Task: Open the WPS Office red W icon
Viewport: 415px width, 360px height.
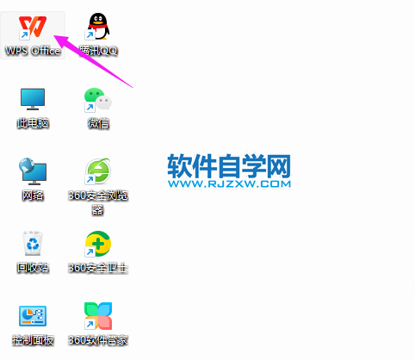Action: (x=33, y=27)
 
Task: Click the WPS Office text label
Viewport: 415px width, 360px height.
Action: (x=33, y=51)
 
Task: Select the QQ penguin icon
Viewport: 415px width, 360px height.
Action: (x=98, y=26)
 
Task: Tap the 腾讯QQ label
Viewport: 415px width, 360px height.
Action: (x=98, y=51)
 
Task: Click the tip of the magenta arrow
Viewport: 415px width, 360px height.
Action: (x=54, y=35)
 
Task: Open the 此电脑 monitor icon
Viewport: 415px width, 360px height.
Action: (x=33, y=99)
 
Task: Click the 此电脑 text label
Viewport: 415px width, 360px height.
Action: (x=33, y=123)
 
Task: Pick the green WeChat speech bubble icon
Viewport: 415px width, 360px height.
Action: (x=98, y=99)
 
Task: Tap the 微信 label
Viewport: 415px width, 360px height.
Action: (x=98, y=123)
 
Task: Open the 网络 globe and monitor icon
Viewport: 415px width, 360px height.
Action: (x=33, y=171)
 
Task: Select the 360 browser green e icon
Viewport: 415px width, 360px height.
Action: (x=98, y=171)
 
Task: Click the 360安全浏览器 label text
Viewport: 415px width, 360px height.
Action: (x=98, y=202)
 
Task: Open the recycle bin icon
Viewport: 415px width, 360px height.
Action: (x=33, y=243)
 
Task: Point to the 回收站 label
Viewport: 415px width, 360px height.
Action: (x=33, y=268)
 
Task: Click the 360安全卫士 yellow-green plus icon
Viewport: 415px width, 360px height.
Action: (x=98, y=244)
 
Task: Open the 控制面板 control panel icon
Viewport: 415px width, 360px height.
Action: (x=33, y=316)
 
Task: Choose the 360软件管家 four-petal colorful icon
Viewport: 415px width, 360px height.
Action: (x=98, y=316)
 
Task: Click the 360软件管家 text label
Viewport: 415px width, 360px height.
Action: (x=98, y=340)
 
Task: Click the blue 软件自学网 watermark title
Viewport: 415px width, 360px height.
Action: (x=229, y=166)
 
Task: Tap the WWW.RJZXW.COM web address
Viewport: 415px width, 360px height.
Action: (x=229, y=184)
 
